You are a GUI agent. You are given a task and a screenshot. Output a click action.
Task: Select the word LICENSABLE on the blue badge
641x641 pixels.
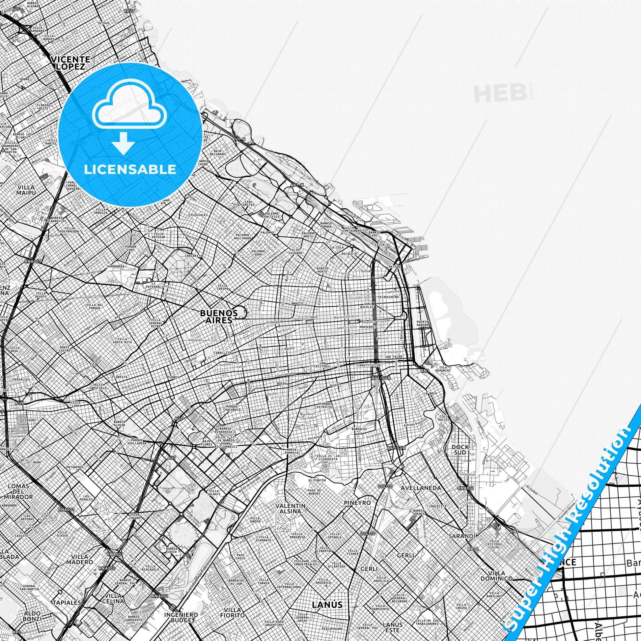point(130,169)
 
